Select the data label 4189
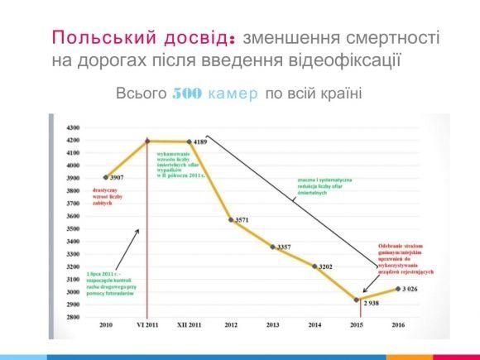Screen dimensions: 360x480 point(200,142)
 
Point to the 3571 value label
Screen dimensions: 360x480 point(242,220)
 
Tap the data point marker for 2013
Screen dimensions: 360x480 point(273,247)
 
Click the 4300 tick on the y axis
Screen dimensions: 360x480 point(72,128)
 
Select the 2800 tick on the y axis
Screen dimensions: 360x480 point(72,318)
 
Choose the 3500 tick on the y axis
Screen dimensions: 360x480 point(72,229)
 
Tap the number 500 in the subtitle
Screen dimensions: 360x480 point(186,94)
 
